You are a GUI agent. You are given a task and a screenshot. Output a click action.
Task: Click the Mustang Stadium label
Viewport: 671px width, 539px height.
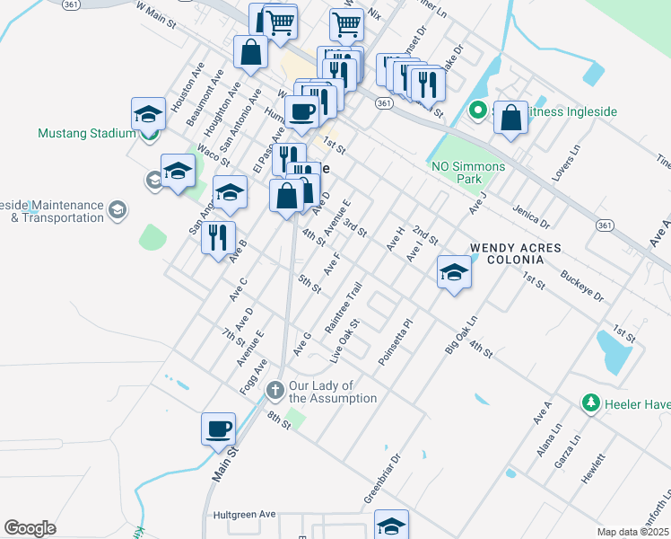86,133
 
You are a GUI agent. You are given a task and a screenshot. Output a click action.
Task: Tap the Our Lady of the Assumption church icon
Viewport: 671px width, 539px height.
275,389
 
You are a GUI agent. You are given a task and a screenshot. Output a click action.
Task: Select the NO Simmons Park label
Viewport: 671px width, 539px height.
468,172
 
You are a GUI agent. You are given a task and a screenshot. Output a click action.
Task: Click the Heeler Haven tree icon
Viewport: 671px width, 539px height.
590,402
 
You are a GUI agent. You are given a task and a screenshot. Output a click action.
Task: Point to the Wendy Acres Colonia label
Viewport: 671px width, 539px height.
516,253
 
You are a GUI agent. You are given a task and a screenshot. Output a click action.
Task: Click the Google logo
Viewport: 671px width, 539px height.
30,528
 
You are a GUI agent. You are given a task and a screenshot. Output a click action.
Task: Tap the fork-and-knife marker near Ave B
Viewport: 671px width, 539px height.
218,237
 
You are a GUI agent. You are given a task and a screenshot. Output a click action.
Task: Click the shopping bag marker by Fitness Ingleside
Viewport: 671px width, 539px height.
510,116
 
